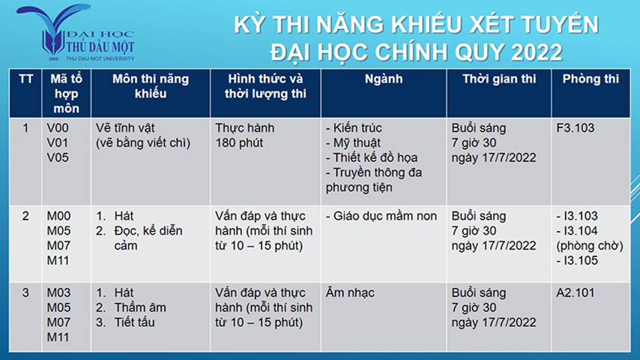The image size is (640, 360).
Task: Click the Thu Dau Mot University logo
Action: (x=75, y=33)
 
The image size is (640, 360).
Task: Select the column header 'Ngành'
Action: (x=384, y=79)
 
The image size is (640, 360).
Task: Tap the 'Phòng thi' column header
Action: (x=591, y=79)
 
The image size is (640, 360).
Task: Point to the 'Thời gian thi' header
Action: (x=499, y=79)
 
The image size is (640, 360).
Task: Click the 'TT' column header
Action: (x=25, y=79)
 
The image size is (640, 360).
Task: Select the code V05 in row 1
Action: (x=58, y=157)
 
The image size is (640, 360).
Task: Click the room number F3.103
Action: (x=575, y=128)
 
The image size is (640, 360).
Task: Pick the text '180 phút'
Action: (x=239, y=143)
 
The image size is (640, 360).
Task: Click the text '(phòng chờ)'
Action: (x=590, y=246)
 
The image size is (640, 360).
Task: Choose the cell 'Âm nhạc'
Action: (x=350, y=293)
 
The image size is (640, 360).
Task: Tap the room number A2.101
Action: (x=576, y=293)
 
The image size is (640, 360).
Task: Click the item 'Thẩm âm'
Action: (x=140, y=307)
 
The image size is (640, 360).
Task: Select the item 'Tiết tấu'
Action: (x=134, y=322)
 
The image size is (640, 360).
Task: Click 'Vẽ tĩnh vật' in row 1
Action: (x=125, y=128)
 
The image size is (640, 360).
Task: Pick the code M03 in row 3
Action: (x=58, y=293)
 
